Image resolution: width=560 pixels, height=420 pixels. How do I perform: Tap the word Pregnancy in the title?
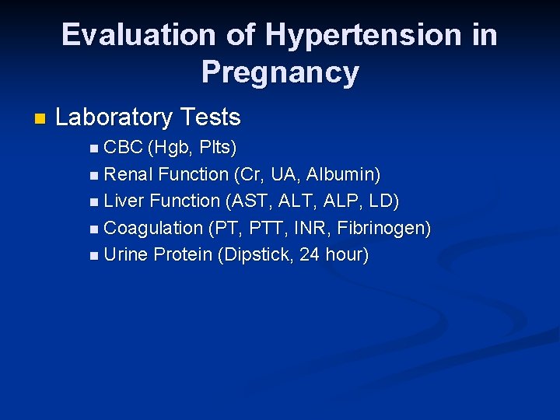click(x=280, y=72)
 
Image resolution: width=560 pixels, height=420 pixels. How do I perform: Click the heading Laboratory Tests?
click(x=148, y=117)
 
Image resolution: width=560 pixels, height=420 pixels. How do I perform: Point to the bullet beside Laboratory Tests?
click(x=40, y=119)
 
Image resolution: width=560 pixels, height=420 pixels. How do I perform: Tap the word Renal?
click(x=128, y=173)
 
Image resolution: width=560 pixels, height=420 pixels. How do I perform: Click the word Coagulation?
click(x=152, y=228)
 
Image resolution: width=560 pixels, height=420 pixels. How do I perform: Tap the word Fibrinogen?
click(x=383, y=228)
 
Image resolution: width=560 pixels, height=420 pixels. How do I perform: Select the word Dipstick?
click(x=256, y=254)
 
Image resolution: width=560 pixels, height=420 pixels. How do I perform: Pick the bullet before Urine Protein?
click(x=94, y=256)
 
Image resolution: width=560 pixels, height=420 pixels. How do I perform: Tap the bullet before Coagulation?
click(x=94, y=229)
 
